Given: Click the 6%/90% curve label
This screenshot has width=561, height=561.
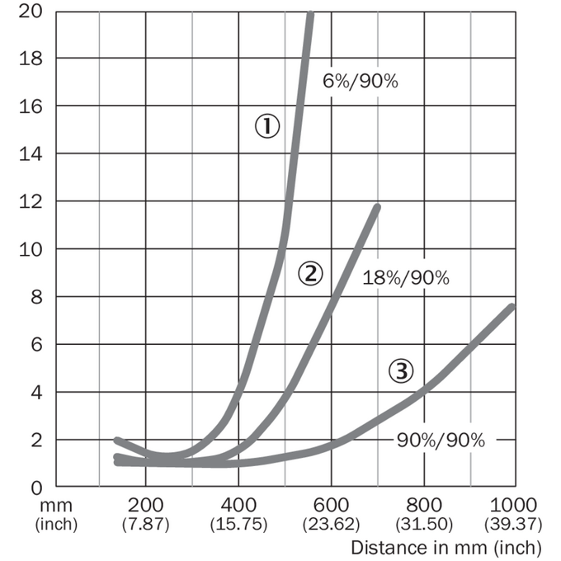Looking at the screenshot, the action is point(361,81).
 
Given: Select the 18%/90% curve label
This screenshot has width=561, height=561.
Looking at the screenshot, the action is point(406,278).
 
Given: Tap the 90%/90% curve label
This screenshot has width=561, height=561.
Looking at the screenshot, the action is point(441,440).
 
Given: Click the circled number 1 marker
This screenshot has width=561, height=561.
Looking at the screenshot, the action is point(267,126).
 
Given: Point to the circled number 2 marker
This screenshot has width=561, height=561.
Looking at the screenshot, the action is point(310,274).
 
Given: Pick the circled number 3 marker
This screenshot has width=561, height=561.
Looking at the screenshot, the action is point(401,371).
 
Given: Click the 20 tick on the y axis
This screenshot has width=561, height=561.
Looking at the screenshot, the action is point(31,12).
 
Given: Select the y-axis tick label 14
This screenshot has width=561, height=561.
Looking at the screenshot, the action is point(31,154).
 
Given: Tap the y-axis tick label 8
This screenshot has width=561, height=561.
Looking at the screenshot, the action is point(36,297).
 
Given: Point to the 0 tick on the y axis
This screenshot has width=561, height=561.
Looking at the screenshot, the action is point(36,488).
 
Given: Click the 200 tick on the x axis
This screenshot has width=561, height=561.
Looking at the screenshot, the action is point(145,505).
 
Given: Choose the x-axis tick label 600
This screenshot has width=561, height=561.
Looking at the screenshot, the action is point(331,505).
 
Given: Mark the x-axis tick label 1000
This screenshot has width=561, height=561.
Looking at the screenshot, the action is point(513,505).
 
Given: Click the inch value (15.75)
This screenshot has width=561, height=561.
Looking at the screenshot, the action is point(238,524).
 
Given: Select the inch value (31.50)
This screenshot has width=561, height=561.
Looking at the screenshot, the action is point(424,524).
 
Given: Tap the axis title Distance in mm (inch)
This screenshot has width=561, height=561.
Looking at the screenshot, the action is point(446,548).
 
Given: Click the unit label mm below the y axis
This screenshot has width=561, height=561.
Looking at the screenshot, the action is point(56,506).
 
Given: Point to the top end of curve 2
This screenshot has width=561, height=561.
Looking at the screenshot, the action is point(378,206).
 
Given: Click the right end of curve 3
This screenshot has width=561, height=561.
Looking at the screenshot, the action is point(512,306).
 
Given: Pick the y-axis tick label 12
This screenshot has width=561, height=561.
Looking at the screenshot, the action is point(31,202).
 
